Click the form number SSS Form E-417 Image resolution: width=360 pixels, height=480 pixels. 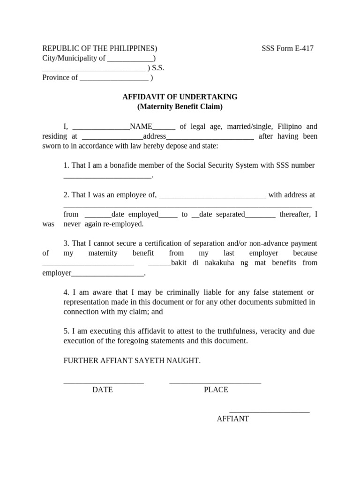click(x=287, y=48)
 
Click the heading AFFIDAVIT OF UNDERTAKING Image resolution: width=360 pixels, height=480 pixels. click(x=180, y=97)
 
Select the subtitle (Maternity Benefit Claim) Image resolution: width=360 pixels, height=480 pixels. click(x=180, y=107)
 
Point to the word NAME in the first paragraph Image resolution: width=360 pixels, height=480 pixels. click(x=141, y=127)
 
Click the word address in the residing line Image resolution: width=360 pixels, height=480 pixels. click(x=155, y=136)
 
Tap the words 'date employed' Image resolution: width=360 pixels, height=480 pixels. click(x=135, y=214)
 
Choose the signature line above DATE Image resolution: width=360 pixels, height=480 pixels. click(x=104, y=383)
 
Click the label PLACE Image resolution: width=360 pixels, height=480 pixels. click(x=216, y=390)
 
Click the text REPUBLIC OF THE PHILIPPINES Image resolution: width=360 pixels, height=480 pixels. click(x=99, y=48)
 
